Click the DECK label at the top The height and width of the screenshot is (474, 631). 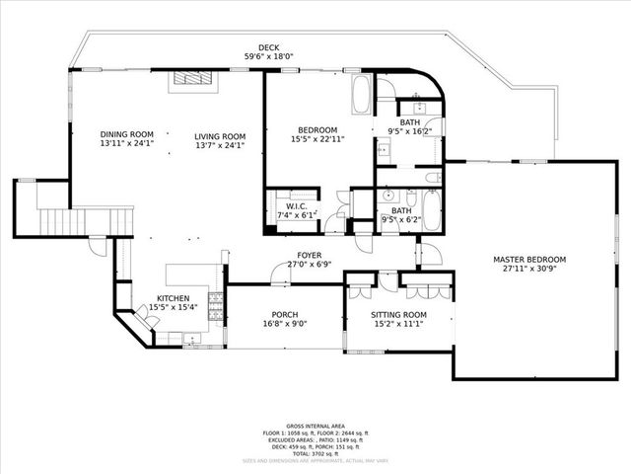[268, 47]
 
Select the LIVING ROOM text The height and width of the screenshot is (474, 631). [219, 136]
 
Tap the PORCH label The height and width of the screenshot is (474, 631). [285, 313]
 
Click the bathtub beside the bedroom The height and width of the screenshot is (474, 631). [361, 96]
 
